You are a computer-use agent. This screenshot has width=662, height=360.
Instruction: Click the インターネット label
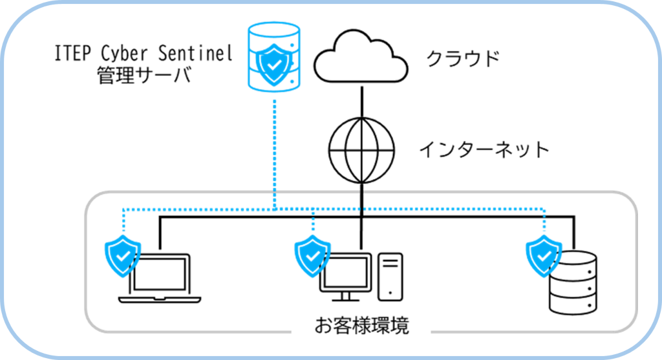click(484, 150)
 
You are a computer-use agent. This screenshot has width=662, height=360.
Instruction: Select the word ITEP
click(71, 54)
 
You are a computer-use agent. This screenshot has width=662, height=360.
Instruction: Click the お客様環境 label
click(361, 326)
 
